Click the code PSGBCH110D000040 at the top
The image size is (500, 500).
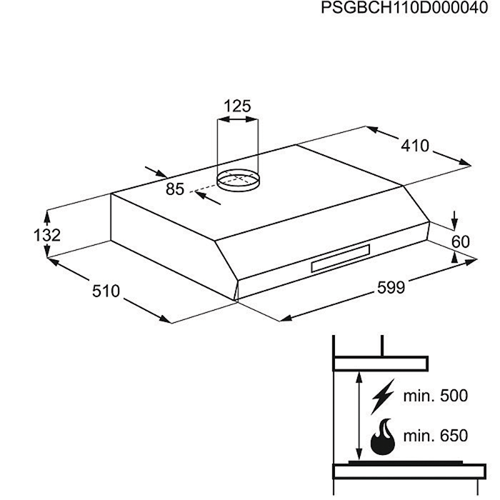404,8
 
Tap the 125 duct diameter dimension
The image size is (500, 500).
237,106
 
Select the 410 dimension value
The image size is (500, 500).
415,146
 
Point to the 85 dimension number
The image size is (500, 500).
175,189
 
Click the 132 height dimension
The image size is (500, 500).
47,235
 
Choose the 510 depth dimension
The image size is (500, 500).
106,291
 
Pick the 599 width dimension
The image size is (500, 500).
391,287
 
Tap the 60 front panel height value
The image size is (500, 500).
461,241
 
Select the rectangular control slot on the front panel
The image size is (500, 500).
341,259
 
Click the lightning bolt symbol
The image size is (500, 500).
383,396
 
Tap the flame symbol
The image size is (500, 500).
383,436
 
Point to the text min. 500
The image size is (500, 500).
436,396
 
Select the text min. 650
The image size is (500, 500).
436,436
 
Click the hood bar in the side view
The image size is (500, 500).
381,364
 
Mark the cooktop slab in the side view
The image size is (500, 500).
409,471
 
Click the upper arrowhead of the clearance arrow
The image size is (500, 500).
359,378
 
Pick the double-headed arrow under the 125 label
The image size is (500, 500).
238,119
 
